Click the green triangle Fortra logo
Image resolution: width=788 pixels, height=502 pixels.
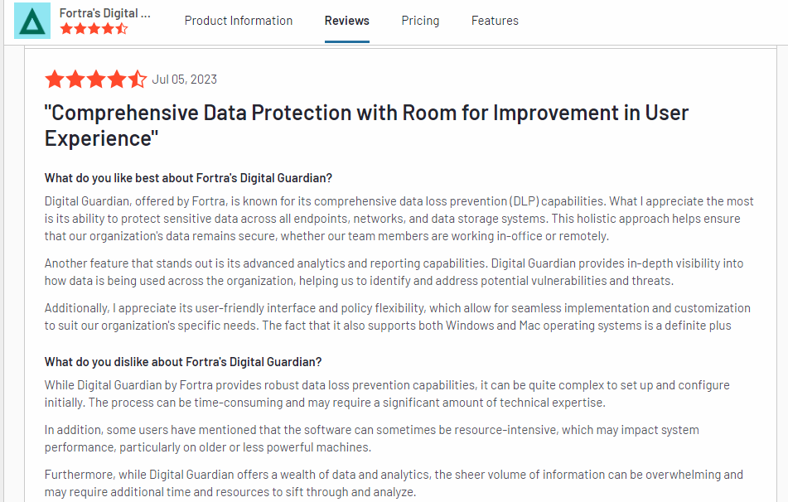[32, 21]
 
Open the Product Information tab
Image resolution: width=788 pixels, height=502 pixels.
[239, 21]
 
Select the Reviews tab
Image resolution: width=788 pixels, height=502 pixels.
[347, 21]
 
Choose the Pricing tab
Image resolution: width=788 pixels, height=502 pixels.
[420, 21]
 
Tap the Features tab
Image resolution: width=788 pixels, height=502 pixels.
[495, 21]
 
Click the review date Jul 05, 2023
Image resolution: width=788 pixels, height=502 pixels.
[185, 80]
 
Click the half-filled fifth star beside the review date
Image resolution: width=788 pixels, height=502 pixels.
[138, 80]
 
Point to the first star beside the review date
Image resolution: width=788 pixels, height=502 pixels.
[55, 80]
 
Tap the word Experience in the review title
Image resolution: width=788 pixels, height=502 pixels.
[97, 138]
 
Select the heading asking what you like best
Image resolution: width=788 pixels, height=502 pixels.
[188, 178]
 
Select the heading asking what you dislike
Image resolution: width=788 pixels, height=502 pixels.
[183, 362]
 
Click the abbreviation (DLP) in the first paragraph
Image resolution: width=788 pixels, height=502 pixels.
[527, 201]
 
